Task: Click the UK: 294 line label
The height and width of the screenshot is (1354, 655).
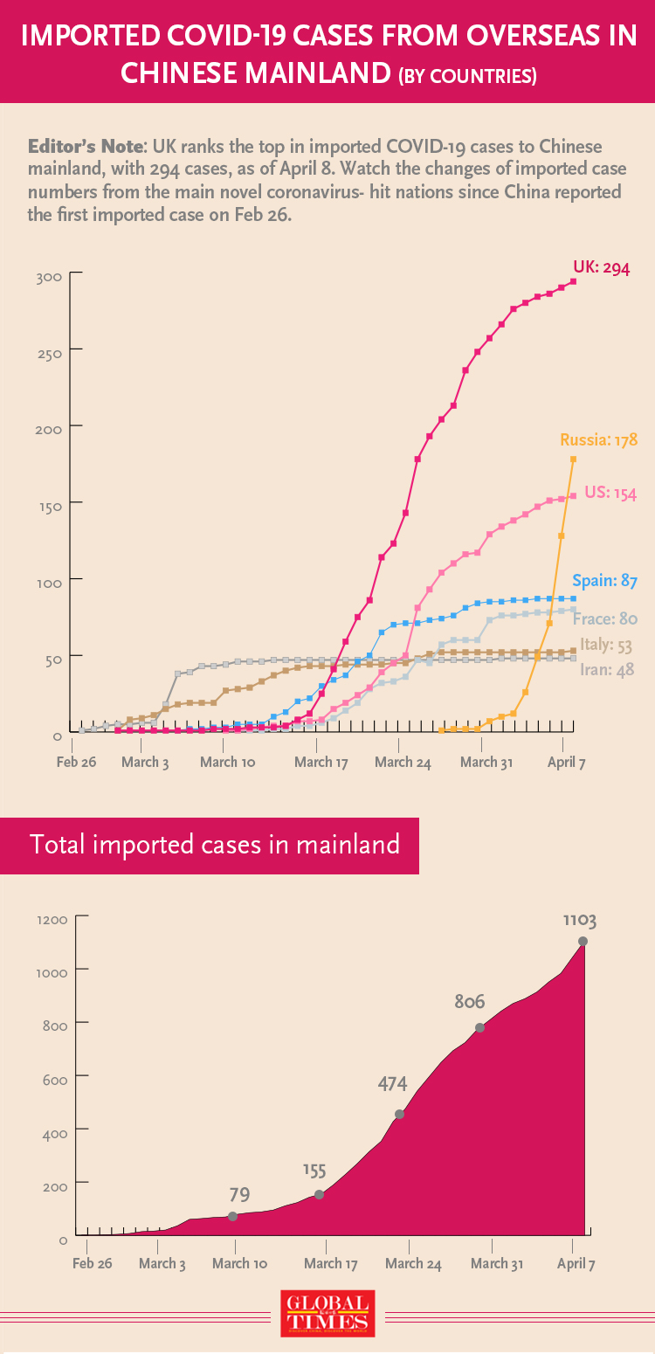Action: point(601,267)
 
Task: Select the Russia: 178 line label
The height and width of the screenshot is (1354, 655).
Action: point(598,440)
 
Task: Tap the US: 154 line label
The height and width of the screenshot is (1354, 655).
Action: point(610,493)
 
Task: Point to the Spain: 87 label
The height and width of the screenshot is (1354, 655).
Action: point(604,581)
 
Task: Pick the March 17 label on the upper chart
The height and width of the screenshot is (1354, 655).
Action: point(321,763)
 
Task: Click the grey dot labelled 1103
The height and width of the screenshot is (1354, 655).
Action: point(583,941)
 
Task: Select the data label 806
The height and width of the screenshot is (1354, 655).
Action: point(469,1002)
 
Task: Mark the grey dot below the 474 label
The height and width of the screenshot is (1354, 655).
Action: point(400,1114)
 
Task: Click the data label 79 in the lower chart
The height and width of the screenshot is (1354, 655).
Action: point(239,1193)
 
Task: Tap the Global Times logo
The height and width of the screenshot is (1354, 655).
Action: point(327,1313)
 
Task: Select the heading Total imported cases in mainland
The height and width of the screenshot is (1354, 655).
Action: point(215,845)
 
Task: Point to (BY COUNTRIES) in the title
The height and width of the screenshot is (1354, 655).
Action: point(466,76)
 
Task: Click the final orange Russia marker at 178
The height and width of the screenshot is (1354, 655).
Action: point(574,459)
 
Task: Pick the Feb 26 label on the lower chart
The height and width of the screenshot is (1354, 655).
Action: point(93,1263)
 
